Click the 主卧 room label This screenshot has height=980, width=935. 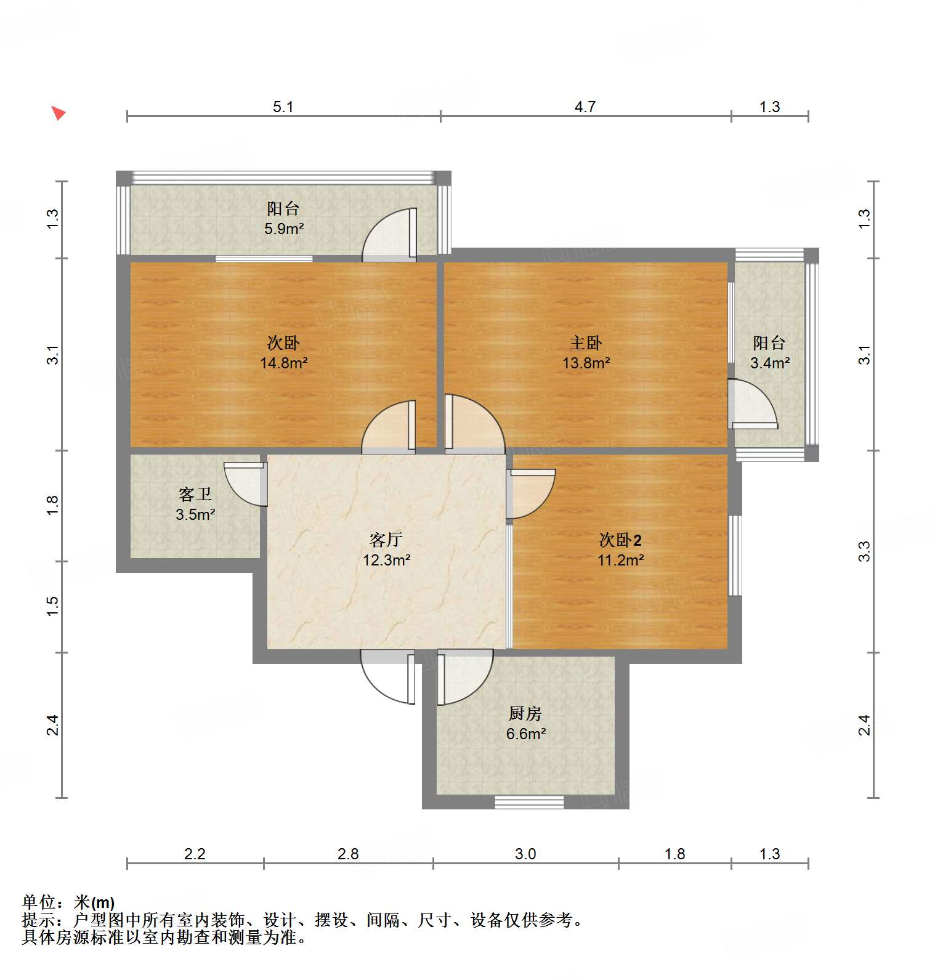[585, 342]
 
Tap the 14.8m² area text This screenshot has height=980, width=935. [283, 363]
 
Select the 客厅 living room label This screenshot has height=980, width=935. [386, 540]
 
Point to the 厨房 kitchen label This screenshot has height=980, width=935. [525, 713]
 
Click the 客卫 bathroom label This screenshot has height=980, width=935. [195, 494]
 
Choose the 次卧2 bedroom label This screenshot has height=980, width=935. [620, 540]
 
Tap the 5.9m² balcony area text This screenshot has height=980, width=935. [284, 229]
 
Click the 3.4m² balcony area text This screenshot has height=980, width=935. [769, 363]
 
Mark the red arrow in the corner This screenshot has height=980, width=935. [58, 113]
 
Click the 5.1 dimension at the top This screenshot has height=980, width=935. [283, 107]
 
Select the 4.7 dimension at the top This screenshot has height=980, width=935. [585, 107]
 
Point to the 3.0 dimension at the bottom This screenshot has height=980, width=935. [525, 854]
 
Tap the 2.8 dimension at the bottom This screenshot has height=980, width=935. [348, 854]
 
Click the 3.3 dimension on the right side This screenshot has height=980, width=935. [865, 551]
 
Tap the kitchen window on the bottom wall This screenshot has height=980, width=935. [530, 801]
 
